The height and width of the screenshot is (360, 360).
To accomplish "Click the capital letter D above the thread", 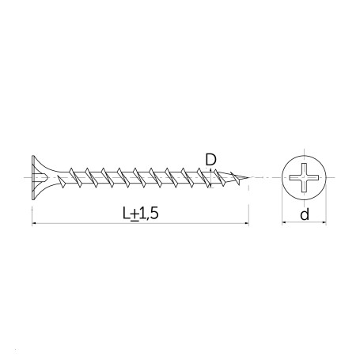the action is pos(210,160).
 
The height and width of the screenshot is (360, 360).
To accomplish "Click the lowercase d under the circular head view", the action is pos(305,214).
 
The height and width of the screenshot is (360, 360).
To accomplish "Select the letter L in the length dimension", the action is pos(127,213).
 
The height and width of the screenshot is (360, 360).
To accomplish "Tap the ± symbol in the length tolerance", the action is pos(135,214).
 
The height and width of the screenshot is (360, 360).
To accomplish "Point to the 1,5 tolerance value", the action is pos(149,214).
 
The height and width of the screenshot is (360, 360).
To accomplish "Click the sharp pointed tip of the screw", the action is pos(248,177).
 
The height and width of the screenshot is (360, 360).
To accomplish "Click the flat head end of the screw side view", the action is pos(32,177).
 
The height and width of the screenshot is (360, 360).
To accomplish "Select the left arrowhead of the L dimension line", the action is pos(34,224).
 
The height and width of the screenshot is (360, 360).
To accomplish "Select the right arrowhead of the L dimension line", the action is pos(247,224).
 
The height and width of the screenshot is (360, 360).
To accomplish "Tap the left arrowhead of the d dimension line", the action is pos(284,223).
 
